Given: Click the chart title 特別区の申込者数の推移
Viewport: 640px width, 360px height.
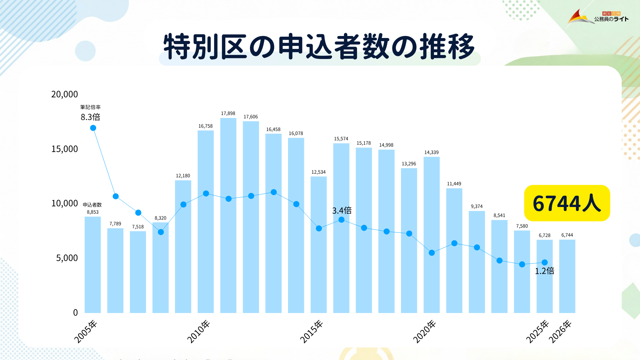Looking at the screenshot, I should pyautogui.click(x=319, y=47).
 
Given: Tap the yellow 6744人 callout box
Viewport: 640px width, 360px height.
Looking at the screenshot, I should pyautogui.click(x=567, y=203).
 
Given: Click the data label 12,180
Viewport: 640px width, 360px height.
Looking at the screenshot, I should pyautogui.click(x=183, y=176).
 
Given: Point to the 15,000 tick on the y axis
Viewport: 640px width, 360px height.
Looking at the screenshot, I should pyautogui.click(x=64, y=149).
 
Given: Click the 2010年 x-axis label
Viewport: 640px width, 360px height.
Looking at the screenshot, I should pyautogui.click(x=199, y=331).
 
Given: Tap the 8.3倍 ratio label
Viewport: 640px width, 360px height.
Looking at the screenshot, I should pyautogui.click(x=90, y=117).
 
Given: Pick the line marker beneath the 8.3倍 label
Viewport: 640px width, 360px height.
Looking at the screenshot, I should pyautogui.click(x=93, y=128).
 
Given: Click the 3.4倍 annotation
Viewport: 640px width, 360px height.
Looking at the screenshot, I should pyautogui.click(x=342, y=210).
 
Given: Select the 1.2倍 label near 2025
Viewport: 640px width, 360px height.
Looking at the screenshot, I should pyautogui.click(x=544, y=271).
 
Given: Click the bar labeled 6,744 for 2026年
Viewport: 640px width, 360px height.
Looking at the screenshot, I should pyautogui.click(x=567, y=277).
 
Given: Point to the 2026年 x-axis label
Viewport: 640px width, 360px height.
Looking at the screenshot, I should pyautogui.click(x=560, y=331).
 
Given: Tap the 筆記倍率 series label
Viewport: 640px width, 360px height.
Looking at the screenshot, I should pyautogui.click(x=90, y=107).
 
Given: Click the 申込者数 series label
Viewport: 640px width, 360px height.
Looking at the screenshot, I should pyautogui.click(x=92, y=205).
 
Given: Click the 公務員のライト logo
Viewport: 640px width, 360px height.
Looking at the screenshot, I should pyautogui.click(x=598, y=17).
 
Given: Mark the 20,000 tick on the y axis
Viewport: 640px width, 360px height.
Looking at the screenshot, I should pyautogui.click(x=64, y=94).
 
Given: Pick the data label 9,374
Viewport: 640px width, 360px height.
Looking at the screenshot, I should pyautogui.click(x=477, y=206).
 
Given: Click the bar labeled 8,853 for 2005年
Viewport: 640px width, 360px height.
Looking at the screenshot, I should pyautogui.click(x=93, y=267).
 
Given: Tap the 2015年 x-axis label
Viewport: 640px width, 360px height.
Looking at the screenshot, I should pyautogui.click(x=312, y=331).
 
